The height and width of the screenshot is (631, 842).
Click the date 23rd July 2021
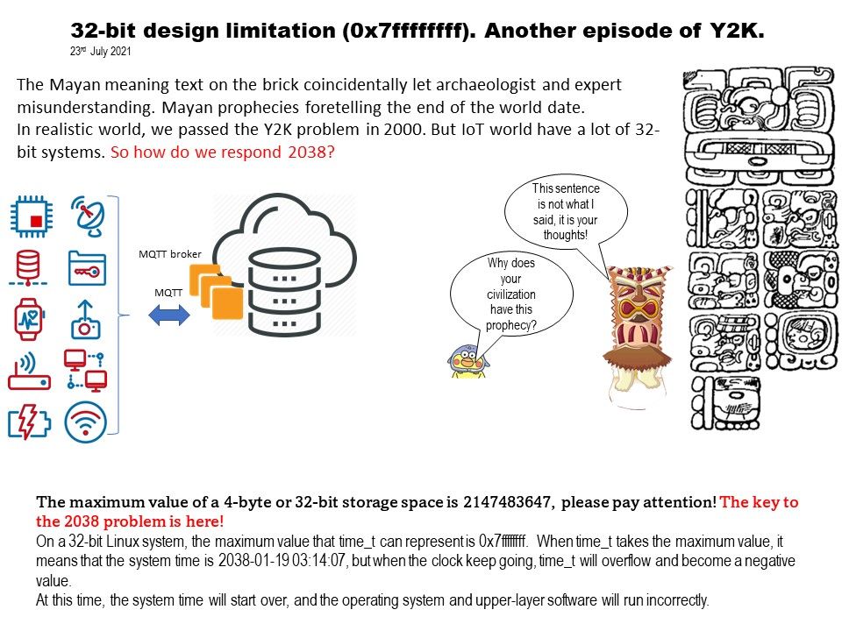point(100,51)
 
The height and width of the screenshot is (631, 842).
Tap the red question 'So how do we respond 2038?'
point(222,152)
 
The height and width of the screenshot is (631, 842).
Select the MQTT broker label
point(169,254)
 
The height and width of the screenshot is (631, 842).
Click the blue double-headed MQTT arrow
point(169,315)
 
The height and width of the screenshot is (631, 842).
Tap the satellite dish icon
point(88,216)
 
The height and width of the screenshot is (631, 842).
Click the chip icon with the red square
point(32,216)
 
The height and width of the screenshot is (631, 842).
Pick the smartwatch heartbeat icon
point(28,319)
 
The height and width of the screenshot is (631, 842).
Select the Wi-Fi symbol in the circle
point(85,422)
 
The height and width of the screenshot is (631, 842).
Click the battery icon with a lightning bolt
point(29,422)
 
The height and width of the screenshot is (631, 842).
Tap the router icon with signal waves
point(29,371)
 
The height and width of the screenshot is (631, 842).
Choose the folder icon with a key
point(88,268)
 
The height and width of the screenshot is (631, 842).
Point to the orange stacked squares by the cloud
point(216,291)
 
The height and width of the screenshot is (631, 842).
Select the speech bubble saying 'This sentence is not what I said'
point(566,211)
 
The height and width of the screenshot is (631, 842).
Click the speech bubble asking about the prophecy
point(511,294)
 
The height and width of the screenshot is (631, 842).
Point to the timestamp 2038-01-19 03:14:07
point(282,561)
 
